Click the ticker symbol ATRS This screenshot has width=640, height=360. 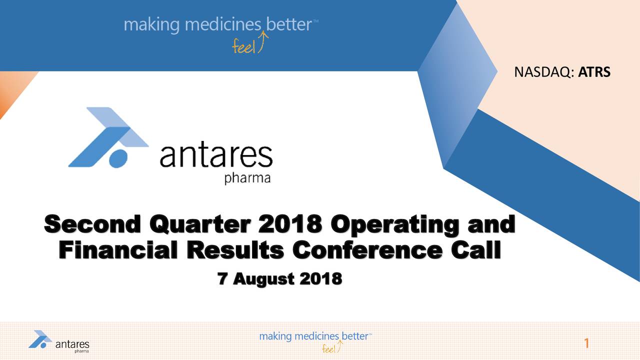[594, 72]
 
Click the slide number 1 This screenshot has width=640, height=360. [586, 343]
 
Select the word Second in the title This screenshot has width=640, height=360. [92, 224]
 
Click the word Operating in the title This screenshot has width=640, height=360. [394, 225]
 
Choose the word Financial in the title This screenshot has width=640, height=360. [118, 249]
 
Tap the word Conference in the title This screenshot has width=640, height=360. [367, 250]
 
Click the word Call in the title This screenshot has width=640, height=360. [476, 249]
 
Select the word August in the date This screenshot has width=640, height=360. [263, 279]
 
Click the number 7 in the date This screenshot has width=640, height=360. [221, 278]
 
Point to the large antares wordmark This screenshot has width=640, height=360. [216, 155]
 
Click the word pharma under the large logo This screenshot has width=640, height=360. [247, 178]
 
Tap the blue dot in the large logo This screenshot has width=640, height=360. [118, 159]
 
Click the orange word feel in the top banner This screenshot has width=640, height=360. [243, 47]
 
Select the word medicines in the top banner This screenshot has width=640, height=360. [223, 24]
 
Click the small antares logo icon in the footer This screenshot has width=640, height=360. [40, 339]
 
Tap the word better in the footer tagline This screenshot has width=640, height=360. [355, 336]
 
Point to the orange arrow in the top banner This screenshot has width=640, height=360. [262, 42]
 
